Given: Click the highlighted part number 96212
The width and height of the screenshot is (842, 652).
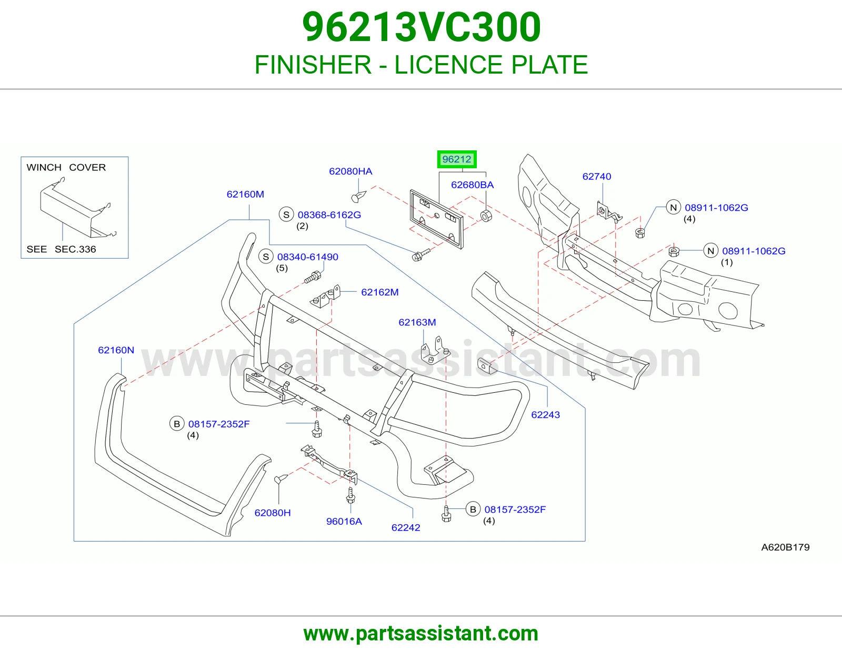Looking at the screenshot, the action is [x=456, y=159].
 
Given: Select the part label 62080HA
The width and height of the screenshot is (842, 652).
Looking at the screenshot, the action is [x=350, y=171].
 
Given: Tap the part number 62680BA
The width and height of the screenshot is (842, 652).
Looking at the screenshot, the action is [x=473, y=185].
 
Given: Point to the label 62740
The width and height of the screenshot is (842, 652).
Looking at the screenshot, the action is [x=597, y=176].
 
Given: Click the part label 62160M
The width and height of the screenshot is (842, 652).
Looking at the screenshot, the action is [x=245, y=194].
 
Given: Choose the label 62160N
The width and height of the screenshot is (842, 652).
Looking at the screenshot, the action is [x=116, y=350].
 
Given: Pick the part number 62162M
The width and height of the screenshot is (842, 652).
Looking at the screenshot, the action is [x=380, y=292].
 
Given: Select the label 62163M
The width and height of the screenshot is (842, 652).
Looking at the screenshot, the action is [x=417, y=322].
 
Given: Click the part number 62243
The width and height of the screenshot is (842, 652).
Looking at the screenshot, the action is [x=546, y=415].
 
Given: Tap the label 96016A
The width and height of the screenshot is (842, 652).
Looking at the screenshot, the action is [x=344, y=521].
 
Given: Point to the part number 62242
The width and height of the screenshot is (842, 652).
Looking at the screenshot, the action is [x=406, y=527].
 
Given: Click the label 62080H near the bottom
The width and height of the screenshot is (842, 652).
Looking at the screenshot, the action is [x=273, y=513].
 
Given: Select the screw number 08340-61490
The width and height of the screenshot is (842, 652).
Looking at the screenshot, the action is [x=308, y=257].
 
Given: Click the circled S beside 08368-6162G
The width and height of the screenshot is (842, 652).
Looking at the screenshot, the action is [x=286, y=215].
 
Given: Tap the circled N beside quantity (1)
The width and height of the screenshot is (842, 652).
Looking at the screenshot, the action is [x=710, y=251].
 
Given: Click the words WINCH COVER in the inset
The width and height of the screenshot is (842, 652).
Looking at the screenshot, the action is [x=66, y=167].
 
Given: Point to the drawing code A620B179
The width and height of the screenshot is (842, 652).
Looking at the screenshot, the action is [x=785, y=547].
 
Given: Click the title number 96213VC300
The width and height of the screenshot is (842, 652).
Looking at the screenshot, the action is [x=421, y=27].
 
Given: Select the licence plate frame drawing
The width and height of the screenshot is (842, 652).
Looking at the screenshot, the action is [x=436, y=219].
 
